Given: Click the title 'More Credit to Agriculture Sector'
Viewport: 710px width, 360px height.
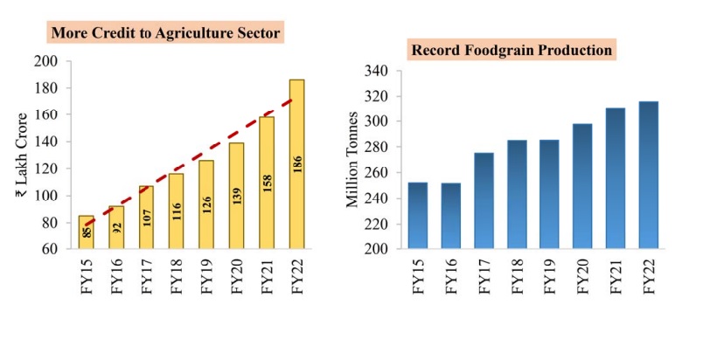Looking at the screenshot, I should [x=166, y=33].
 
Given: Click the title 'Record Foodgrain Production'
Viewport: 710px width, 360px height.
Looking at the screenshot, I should [x=512, y=50].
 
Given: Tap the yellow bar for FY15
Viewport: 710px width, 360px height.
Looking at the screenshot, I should [x=87, y=232].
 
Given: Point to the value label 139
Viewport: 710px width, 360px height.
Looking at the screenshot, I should [x=237, y=196].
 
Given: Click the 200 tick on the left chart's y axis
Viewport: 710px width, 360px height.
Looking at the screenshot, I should [x=46, y=61].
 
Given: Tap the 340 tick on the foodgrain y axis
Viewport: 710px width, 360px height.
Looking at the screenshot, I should [x=376, y=71].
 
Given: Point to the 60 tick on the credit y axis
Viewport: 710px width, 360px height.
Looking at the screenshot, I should [x=50, y=249].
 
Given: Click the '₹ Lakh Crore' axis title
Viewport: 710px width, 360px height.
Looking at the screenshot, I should [x=21, y=155].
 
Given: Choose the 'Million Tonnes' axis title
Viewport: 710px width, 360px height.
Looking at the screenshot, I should [x=352, y=160].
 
